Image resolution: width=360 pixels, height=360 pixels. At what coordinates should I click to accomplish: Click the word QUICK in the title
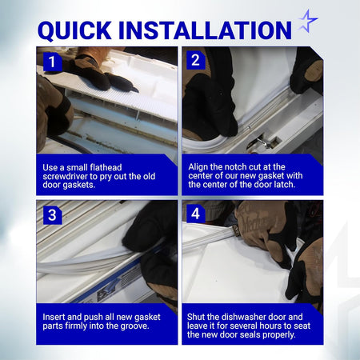pos(74,30)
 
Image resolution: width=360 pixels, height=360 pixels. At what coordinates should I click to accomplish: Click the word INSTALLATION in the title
pos(205,30)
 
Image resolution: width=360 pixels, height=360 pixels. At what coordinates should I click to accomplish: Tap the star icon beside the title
pos(308,21)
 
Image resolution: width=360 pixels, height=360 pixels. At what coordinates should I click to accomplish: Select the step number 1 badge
pos(53,62)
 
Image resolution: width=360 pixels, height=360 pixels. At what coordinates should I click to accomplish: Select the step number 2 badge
pos(195,60)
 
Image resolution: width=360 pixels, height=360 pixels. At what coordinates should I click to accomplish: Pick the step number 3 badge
pos(52,215)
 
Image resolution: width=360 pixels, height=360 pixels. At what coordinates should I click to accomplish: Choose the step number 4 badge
pos(195,214)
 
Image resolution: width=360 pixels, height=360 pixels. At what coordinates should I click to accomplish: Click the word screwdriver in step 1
pos(65,177)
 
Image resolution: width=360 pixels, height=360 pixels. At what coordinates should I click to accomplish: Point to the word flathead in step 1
pos(106,167)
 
